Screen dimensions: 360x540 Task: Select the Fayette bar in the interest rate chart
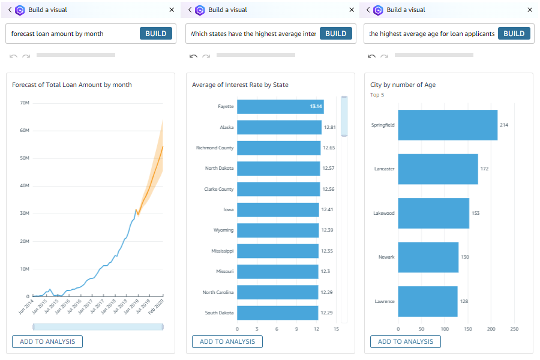(x=280, y=107)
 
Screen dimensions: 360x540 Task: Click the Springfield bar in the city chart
(x=448, y=125)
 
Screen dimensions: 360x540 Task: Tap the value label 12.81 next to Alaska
(x=329, y=127)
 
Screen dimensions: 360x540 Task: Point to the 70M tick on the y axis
(x=25, y=103)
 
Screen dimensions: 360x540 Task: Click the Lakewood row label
(x=383, y=213)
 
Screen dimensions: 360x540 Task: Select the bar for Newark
(x=428, y=257)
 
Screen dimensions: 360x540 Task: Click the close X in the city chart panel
(x=529, y=10)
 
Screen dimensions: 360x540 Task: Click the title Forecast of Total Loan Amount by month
(x=72, y=85)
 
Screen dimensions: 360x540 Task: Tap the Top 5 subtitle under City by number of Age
(x=377, y=95)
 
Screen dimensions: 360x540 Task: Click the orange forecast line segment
(x=152, y=174)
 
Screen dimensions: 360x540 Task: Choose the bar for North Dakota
(x=278, y=168)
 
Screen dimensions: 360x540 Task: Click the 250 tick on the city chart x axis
(x=514, y=329)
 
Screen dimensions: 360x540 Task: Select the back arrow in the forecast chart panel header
(x=10, y=10)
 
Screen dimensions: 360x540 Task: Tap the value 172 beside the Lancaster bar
(x=484, y=169)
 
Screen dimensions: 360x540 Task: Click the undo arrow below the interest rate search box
(x=193, y=56)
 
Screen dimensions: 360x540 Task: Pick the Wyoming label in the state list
(x=223, y=230)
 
